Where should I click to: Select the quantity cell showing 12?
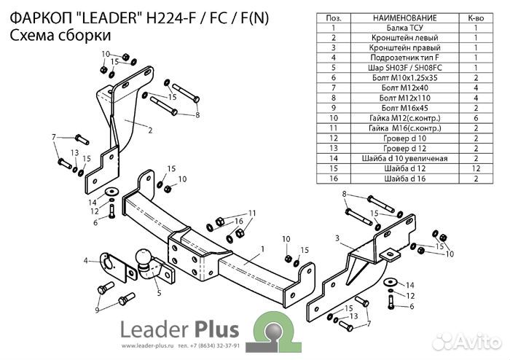(475, 168)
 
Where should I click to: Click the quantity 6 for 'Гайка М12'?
(475, 117)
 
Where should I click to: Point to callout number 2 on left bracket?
(149, 131)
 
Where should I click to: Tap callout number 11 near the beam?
(253, 213)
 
